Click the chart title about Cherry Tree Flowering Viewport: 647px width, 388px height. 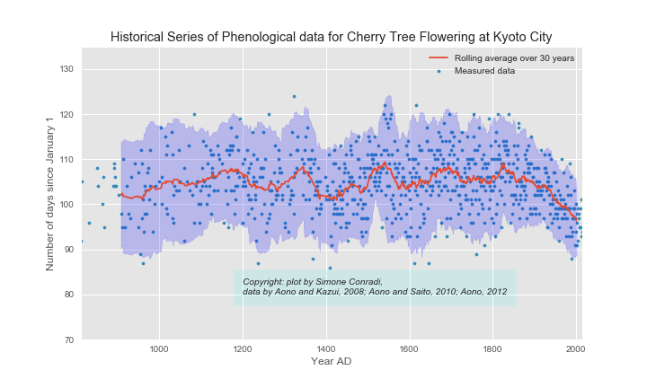click(331, 37)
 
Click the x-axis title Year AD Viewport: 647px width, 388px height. click(331, 361)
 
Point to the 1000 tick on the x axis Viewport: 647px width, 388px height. click(159, 348)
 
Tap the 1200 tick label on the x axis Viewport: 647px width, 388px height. click(243, 348)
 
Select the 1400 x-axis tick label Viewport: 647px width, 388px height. click(326, 348)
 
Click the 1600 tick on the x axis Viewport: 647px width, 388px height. click(409, 348)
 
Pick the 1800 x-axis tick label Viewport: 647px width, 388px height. click(492, 348)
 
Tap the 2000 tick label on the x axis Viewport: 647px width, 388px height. click(576, 348)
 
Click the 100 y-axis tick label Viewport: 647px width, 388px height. click(65, 205)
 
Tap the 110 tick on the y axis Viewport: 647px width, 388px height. click(65, 160)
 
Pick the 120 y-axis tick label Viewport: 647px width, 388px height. click(65, 115)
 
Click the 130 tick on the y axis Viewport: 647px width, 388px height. click(65, 70)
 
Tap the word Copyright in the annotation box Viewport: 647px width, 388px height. click(265, 282)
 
